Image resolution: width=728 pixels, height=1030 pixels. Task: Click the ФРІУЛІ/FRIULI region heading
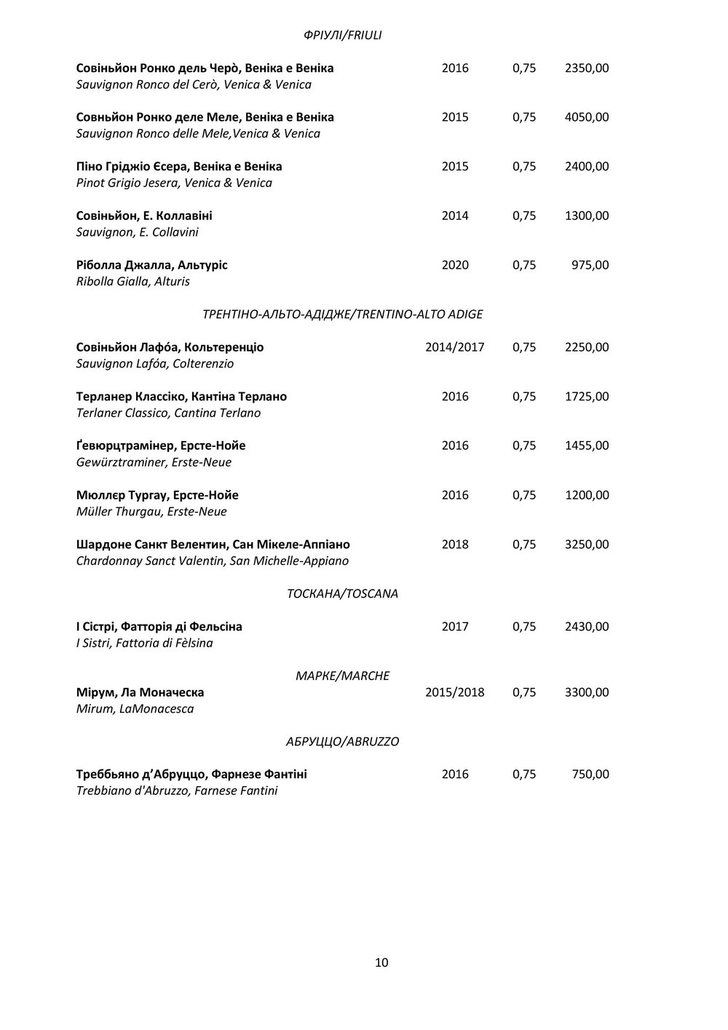pos(342,35)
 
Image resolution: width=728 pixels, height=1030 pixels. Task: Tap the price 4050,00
pos(587,117)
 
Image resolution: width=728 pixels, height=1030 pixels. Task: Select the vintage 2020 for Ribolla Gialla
pos(455,265)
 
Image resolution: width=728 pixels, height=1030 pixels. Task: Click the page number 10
pos(381,962)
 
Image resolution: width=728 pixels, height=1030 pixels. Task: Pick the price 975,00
pos(590,265)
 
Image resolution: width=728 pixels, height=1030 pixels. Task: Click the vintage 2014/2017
pos(454,347)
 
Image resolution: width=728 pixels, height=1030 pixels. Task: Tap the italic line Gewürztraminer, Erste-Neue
pos(154,462)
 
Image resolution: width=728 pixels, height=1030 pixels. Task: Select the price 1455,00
pos(587,445)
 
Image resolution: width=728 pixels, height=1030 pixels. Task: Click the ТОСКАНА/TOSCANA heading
pos(343,593)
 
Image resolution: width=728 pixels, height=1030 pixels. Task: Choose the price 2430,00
pos(587,627)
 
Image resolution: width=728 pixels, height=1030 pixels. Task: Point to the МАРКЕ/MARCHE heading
pos(342,676)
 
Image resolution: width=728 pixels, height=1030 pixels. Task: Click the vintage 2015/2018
pos(454,692)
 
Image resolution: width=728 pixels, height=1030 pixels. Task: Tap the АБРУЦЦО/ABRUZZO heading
pos(342,742)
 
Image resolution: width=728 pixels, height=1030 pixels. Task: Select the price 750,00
pos(590,775)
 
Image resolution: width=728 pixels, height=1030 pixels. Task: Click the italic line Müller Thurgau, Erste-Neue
pos(151,512)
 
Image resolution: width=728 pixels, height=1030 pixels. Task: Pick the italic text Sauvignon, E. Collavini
pos(137,232)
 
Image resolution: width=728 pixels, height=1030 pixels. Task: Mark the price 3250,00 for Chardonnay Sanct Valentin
pos(587,544)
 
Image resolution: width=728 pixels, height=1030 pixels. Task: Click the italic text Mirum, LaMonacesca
pos(135,708)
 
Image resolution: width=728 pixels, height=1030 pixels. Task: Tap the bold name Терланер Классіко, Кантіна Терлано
pos(181,397)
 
